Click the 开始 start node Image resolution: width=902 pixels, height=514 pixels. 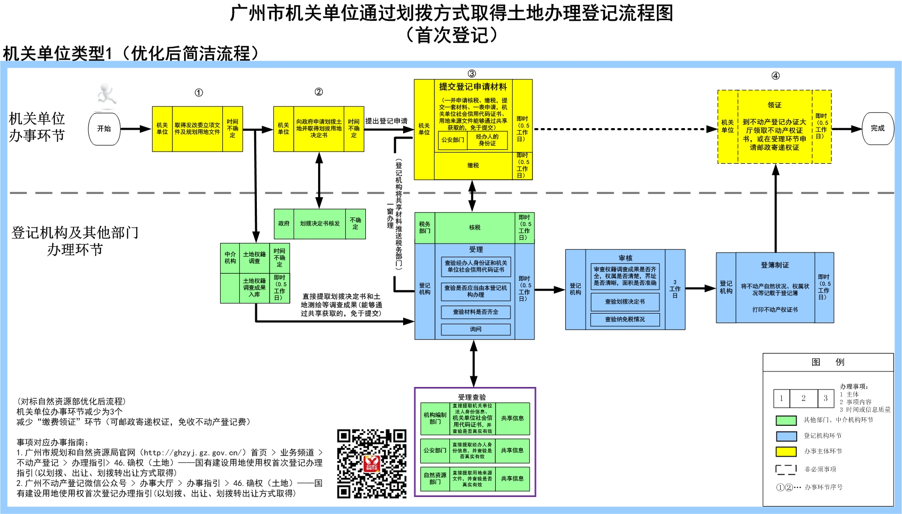click(104, 129)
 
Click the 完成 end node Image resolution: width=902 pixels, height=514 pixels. click(878, 128)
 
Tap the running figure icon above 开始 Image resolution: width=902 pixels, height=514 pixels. click(106, 94)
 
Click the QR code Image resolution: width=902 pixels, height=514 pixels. click(372, 464)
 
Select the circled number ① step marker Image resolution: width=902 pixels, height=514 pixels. click(198, 92)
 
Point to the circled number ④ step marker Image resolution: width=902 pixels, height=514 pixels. click(775, 76)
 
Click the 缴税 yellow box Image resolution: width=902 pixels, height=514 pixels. click(473, 166)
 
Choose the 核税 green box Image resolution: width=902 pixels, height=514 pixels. click(474, 227)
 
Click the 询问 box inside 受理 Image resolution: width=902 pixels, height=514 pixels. click(475, 330)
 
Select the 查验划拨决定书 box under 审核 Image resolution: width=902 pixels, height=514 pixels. click(625, 302)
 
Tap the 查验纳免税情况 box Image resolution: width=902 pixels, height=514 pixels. click(625, 319)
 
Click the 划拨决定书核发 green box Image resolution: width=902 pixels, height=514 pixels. click(319, 224)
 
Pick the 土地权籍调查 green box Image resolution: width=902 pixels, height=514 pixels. click(254, 258)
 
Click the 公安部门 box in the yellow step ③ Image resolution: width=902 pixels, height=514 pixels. click(453, 140)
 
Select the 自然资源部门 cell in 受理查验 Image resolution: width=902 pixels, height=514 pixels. click(435, 479)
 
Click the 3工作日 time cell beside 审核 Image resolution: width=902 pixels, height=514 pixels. click(675, 290)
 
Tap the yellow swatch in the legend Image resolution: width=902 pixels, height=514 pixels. click(786, 452)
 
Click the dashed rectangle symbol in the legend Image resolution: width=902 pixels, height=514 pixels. click(786, 469)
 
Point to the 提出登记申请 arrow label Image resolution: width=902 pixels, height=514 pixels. click(386, 121)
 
